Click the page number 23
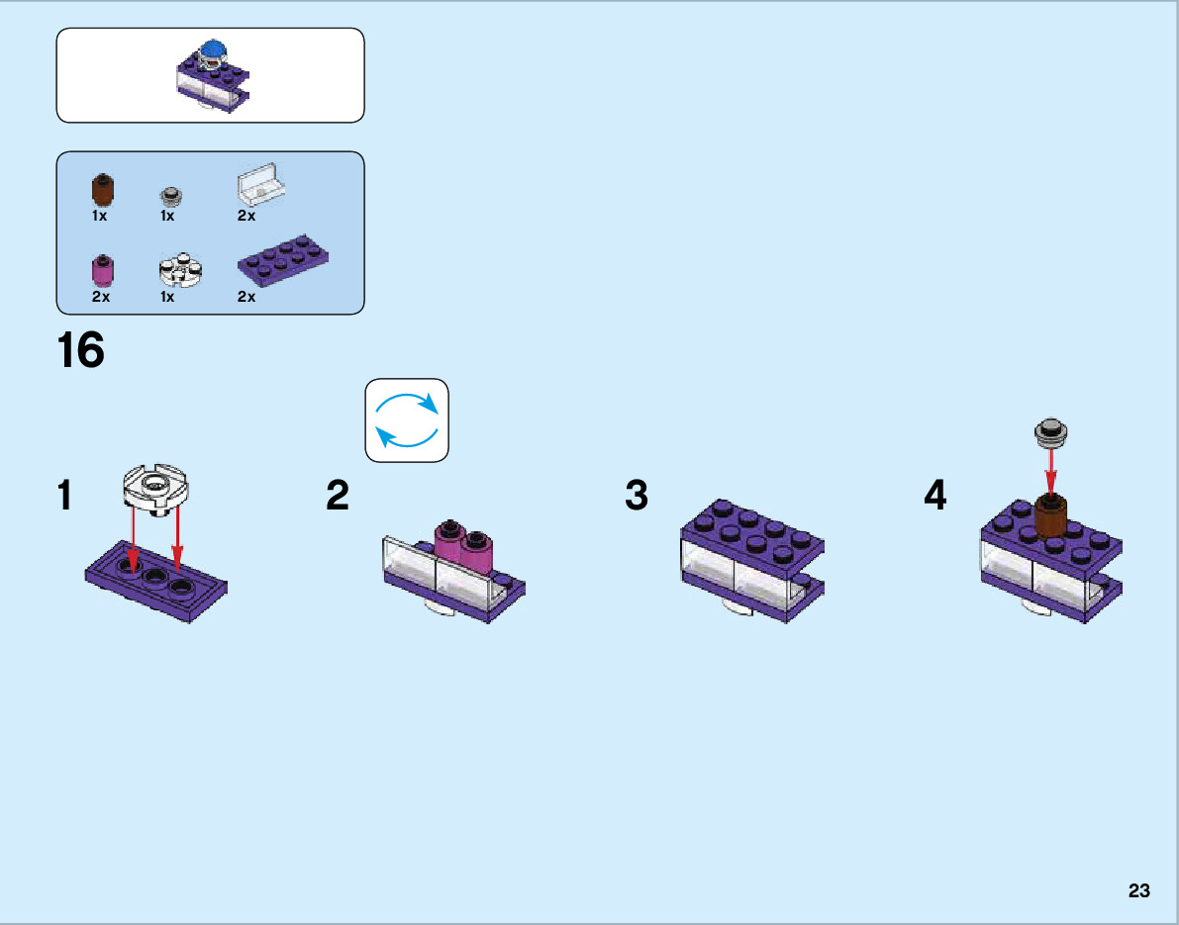[1138, 890]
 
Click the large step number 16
[81, 351]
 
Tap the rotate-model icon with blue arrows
[407, 419]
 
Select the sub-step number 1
[65, 496]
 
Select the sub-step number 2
[338, 496]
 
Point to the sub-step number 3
[637, 496]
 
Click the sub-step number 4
[934, 496]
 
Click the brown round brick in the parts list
[101, 188]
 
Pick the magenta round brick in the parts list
[101, 269]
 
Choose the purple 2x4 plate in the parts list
[283, 263]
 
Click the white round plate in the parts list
[180, 270]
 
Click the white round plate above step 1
[155, 488]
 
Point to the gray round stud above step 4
[1050, 431]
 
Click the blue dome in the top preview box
[211, 50]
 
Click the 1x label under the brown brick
[100, 216]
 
